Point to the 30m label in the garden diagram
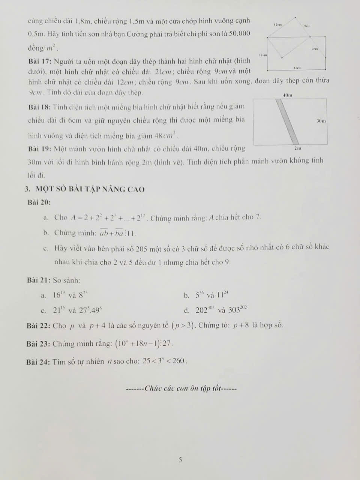coord(321,121)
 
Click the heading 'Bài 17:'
coord(40,61)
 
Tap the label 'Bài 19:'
coord(40,149)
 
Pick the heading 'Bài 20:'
coord(39,202)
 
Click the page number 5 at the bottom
coord(180,459)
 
